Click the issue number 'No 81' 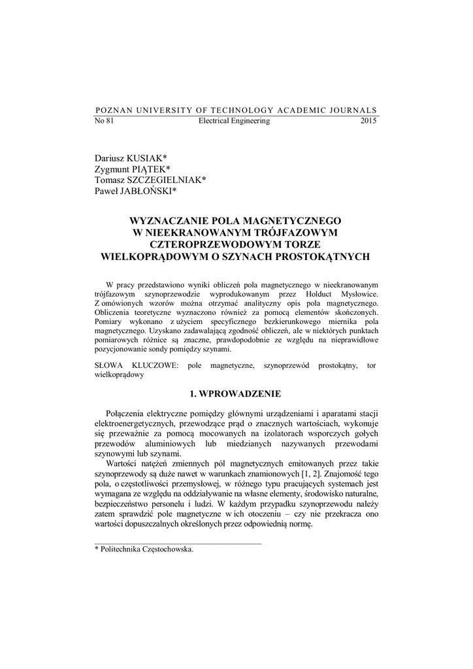105,121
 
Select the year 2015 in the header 368,121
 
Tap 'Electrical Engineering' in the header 233,121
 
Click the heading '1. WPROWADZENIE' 236,394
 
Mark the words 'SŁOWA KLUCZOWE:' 132,365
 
